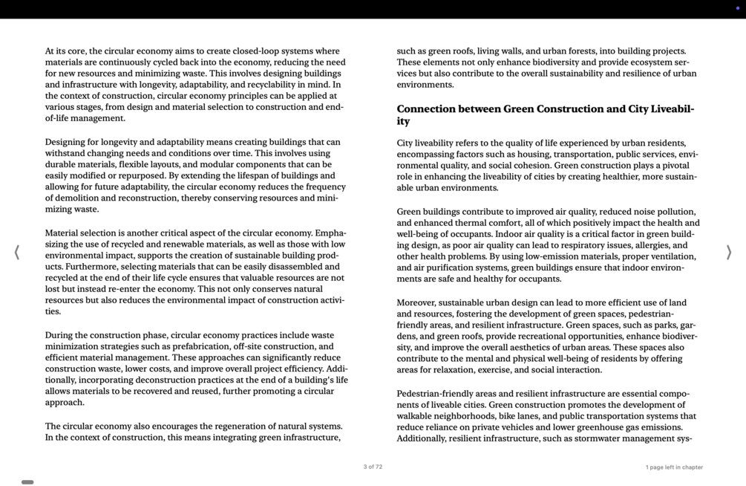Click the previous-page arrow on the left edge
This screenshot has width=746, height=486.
pos(17,253)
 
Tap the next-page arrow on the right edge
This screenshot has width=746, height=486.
pos(728,253)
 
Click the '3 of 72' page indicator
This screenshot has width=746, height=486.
pos(373,467)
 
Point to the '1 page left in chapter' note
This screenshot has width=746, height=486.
pos(673,467)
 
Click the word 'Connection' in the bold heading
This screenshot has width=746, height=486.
pos(425,109)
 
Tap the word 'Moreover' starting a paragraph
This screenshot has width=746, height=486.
pos(416,302)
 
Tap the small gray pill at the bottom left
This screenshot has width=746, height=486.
pos(27,482)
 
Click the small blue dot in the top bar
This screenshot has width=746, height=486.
pos(737,8)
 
